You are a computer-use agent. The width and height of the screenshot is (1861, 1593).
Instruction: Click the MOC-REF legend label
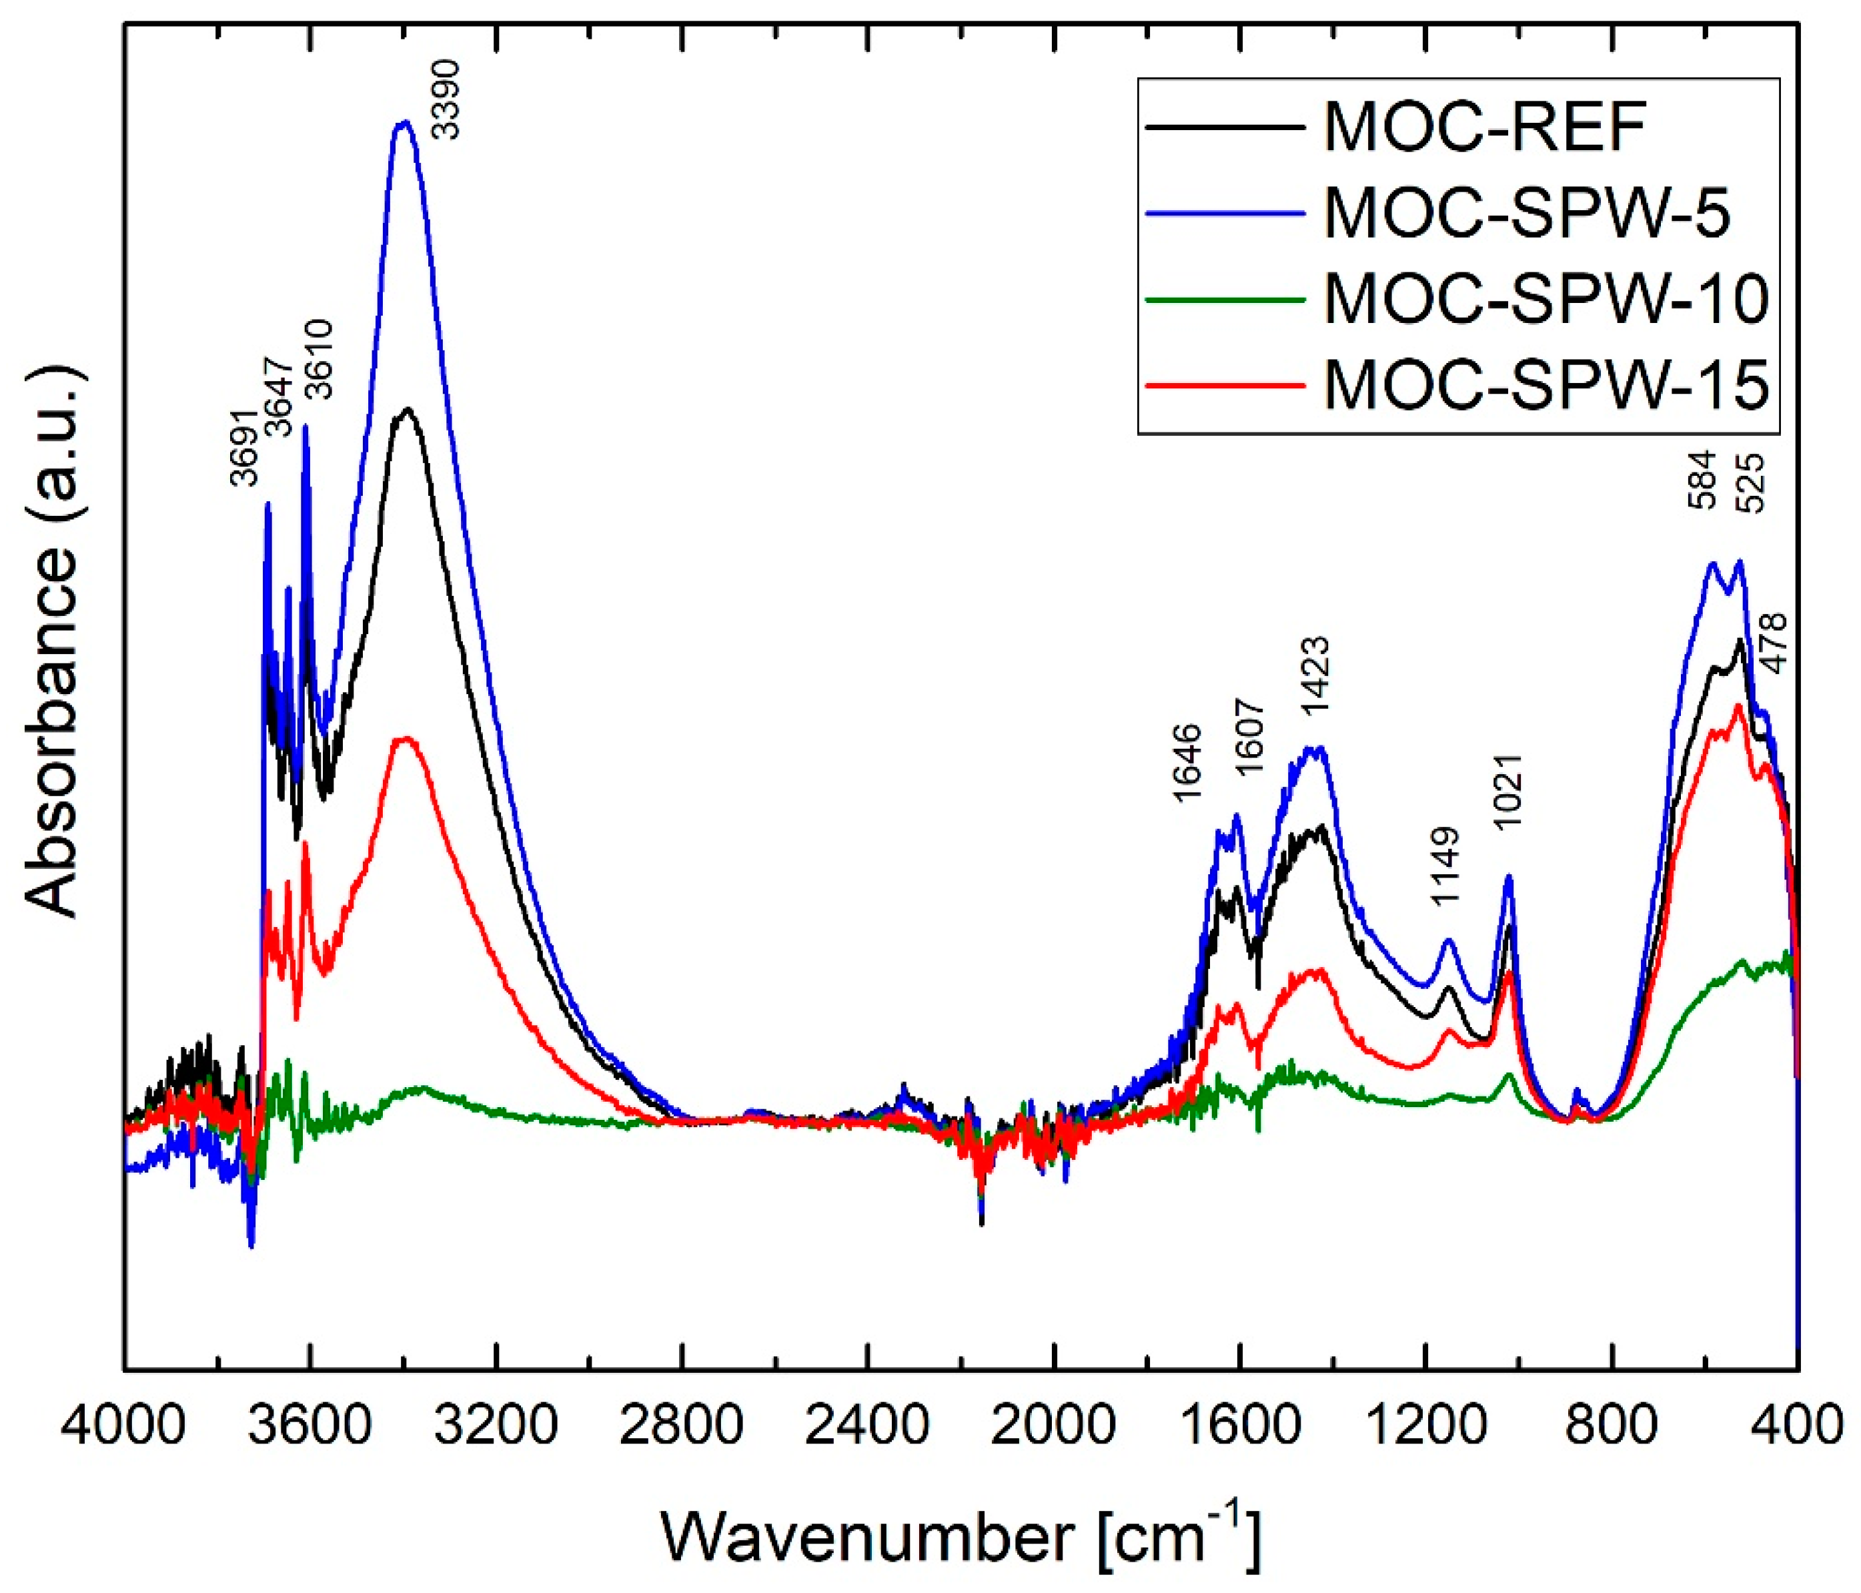coord(1483,127)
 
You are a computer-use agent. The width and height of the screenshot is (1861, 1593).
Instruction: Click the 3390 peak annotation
coord(446,99)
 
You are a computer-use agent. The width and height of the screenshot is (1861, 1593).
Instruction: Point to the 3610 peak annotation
coord(320,360)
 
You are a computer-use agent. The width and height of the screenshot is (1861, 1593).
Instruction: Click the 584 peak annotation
coord(1702,481)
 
